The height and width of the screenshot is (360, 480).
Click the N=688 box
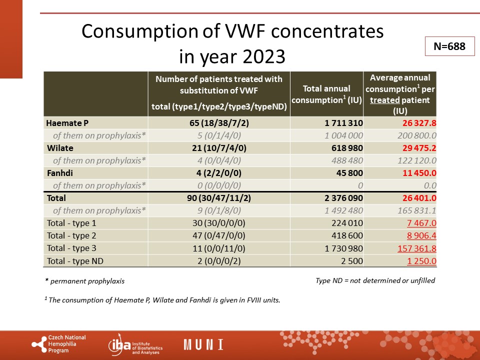point(449,46)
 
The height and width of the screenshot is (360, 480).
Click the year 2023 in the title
point(263,56)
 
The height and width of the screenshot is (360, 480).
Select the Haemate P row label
point(67,123)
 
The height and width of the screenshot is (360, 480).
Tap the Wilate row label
point(60,148)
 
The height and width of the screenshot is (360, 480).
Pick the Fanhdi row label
point(59,173)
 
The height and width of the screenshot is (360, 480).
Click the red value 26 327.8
point(419,123)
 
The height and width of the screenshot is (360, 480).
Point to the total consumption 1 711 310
point(343,123)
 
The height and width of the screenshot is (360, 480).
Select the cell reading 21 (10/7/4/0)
point(219,148)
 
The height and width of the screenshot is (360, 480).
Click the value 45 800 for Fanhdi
point(349,173)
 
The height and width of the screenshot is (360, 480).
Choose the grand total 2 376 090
point(343,198)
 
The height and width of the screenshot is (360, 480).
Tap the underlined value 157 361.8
point(417,248)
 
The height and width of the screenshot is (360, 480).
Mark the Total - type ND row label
point(75,261)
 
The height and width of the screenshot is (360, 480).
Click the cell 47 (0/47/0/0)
point(219,235)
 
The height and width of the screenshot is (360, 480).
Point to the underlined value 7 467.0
point(421,223)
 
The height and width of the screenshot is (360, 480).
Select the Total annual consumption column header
point(326,94)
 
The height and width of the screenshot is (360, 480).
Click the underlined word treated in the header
point(385,100)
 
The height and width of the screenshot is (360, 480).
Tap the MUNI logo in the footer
point(203,344)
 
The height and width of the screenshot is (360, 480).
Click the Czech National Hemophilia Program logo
point(59,344)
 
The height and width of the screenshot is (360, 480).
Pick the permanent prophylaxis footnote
point(85,281)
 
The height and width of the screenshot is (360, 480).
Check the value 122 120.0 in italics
point(417,160)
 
